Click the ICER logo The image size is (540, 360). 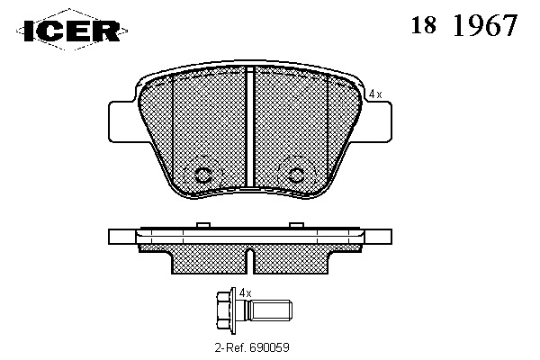[72, 31]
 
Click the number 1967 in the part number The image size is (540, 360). [485, 25]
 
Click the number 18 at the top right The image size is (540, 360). [424, 25]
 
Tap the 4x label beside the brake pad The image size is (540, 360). [375, 94]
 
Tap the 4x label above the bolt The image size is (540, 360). [245, 293]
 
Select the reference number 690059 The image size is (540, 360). [269, 347]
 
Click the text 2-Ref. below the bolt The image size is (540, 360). [230, 347]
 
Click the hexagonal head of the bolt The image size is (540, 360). [224, 309]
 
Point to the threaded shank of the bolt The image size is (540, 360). [271, 310]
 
